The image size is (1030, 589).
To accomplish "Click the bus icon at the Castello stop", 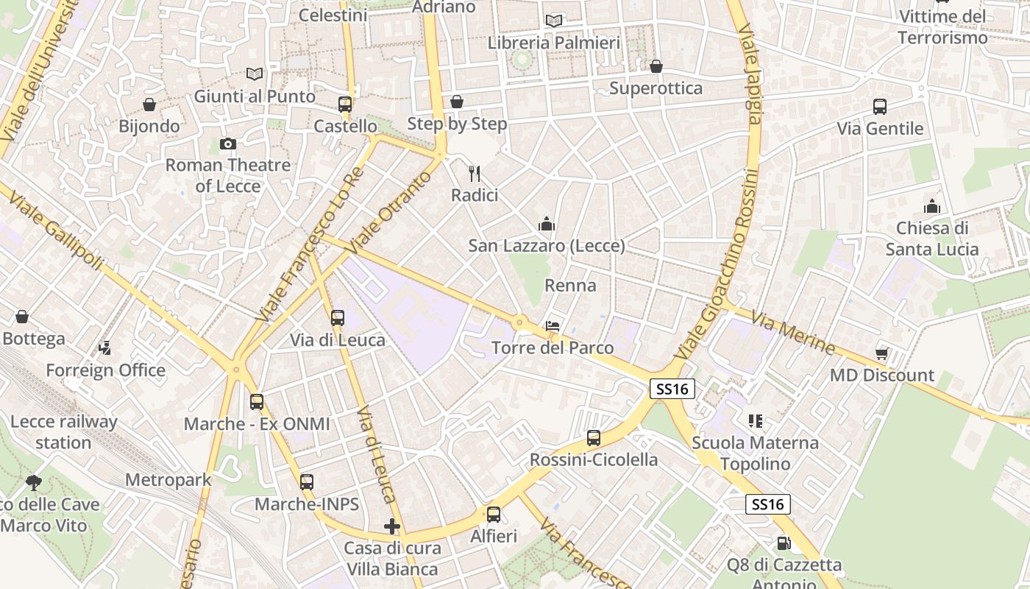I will tap(345, 105).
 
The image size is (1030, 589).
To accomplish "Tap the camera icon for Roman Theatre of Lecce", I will tap(228, 144).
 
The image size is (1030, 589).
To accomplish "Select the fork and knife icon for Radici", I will tap(475, 174).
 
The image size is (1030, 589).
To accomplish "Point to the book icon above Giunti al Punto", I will tap(255, 74).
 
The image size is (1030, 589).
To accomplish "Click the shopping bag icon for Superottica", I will tap(656, 66).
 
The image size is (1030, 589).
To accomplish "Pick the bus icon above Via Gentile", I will tap(880, 107).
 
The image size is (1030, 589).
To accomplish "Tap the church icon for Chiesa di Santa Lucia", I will tap(932, 206).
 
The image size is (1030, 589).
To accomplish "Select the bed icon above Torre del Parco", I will tap(553, 325).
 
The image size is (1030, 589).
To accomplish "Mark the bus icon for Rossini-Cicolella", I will tap(594, 438).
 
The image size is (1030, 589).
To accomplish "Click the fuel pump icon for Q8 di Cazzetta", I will tap(784, 543).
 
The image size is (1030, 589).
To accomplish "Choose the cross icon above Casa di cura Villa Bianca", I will tap(392, 526).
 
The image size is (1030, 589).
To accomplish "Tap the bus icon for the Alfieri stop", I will tap(494, 515).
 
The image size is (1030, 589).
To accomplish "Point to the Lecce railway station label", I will tap(63, 432).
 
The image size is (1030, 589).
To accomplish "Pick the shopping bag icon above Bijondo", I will tap(149, 105).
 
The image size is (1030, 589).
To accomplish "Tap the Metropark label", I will tap(168, 480).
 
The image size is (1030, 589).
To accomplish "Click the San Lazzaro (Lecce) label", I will tap(547, 246).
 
